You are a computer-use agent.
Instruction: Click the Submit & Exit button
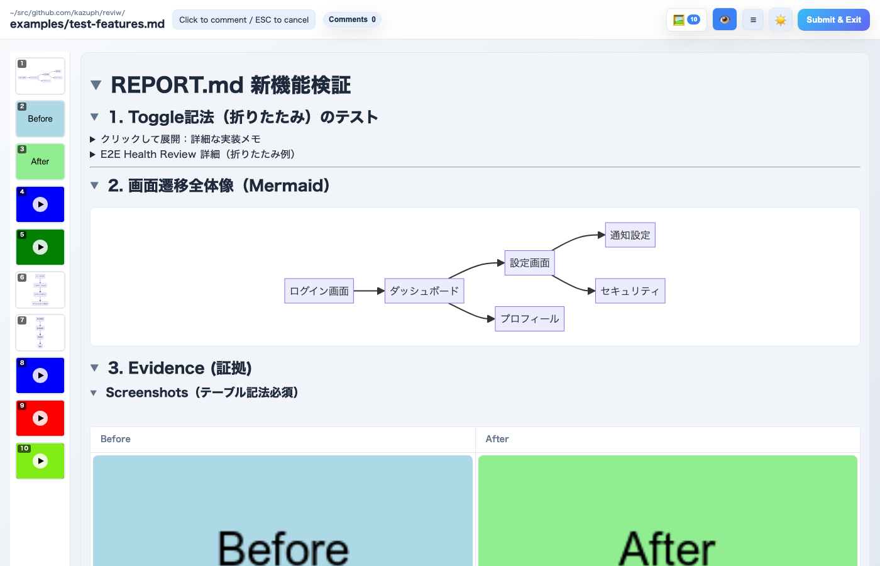833,20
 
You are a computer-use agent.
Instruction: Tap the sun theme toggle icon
780,20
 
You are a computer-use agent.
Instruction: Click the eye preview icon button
724,20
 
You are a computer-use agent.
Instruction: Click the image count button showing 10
686,20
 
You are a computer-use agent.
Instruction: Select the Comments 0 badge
352,19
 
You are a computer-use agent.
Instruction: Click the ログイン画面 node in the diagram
319,291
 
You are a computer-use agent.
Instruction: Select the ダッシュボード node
424,291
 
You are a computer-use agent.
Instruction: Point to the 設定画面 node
529,263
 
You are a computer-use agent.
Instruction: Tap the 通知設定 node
630,235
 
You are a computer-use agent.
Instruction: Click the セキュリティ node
630,291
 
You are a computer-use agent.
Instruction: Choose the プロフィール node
529,319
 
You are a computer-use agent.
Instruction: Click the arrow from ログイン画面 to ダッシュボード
369,291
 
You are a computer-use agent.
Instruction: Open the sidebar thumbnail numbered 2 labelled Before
40,119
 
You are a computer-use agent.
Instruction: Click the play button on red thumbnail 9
40,418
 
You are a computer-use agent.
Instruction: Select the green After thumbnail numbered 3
40,162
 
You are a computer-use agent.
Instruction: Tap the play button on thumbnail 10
40,461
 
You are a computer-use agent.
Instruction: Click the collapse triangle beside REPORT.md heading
96,85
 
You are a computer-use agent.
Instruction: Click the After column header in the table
497,439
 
